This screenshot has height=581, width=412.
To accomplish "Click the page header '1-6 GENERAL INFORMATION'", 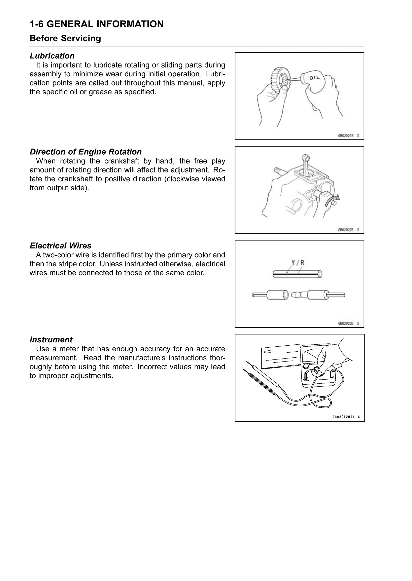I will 96,24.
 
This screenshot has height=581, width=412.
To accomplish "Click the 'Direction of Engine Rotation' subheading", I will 85,152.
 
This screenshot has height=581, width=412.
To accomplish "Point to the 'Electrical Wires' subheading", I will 60,246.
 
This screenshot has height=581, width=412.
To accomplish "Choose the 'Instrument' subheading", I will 51,340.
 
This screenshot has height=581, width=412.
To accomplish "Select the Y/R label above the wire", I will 298,263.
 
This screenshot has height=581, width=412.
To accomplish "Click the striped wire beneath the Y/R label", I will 297,274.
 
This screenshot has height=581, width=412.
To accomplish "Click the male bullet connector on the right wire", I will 299,295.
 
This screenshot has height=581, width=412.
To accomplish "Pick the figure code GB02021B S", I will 348,136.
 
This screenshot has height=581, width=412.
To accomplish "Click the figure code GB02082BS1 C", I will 346,417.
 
